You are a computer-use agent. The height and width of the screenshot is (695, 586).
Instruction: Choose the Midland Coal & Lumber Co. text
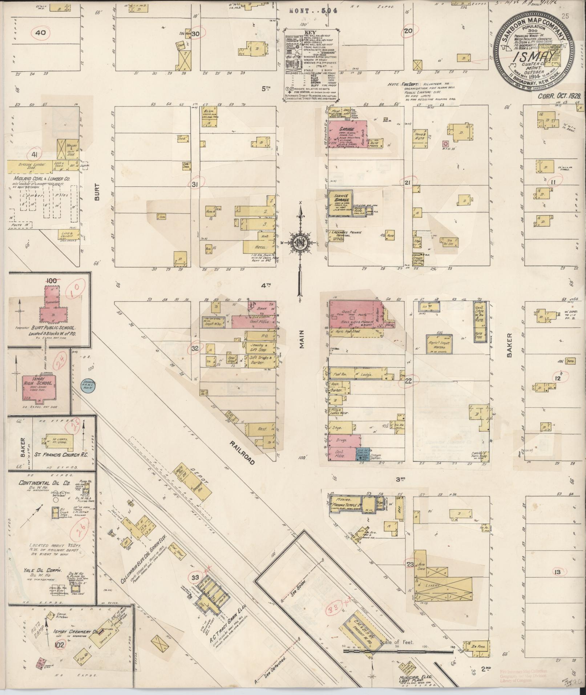click(x=43, y=179)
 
